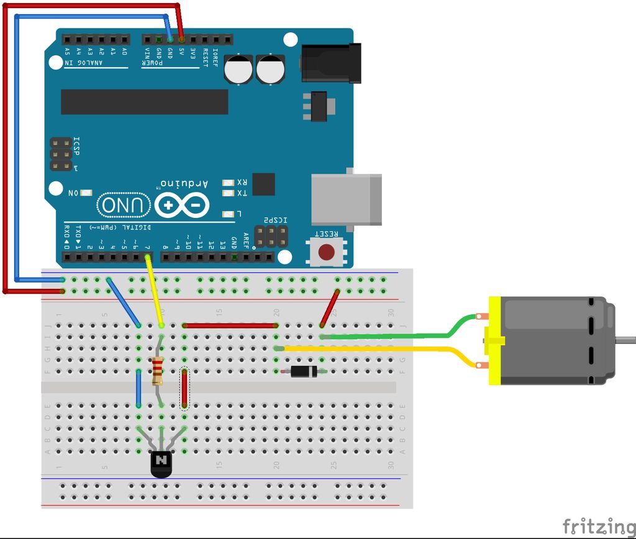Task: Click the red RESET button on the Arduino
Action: [x=326, y=252]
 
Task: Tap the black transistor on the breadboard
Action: [x=161, y=463]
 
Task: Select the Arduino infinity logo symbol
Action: [x=182, y=204]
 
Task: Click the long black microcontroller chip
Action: [x=144, y=102]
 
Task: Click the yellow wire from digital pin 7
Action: [x=155, y=292]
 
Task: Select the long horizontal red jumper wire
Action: [x=230, y=325]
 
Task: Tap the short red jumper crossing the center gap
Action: [x=184, y=389]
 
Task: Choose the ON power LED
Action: [x=86, y=194]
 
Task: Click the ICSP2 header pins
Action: [x=271, y=235]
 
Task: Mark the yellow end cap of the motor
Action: [x=494, y=341]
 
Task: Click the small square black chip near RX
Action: [x=263, y=184]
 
